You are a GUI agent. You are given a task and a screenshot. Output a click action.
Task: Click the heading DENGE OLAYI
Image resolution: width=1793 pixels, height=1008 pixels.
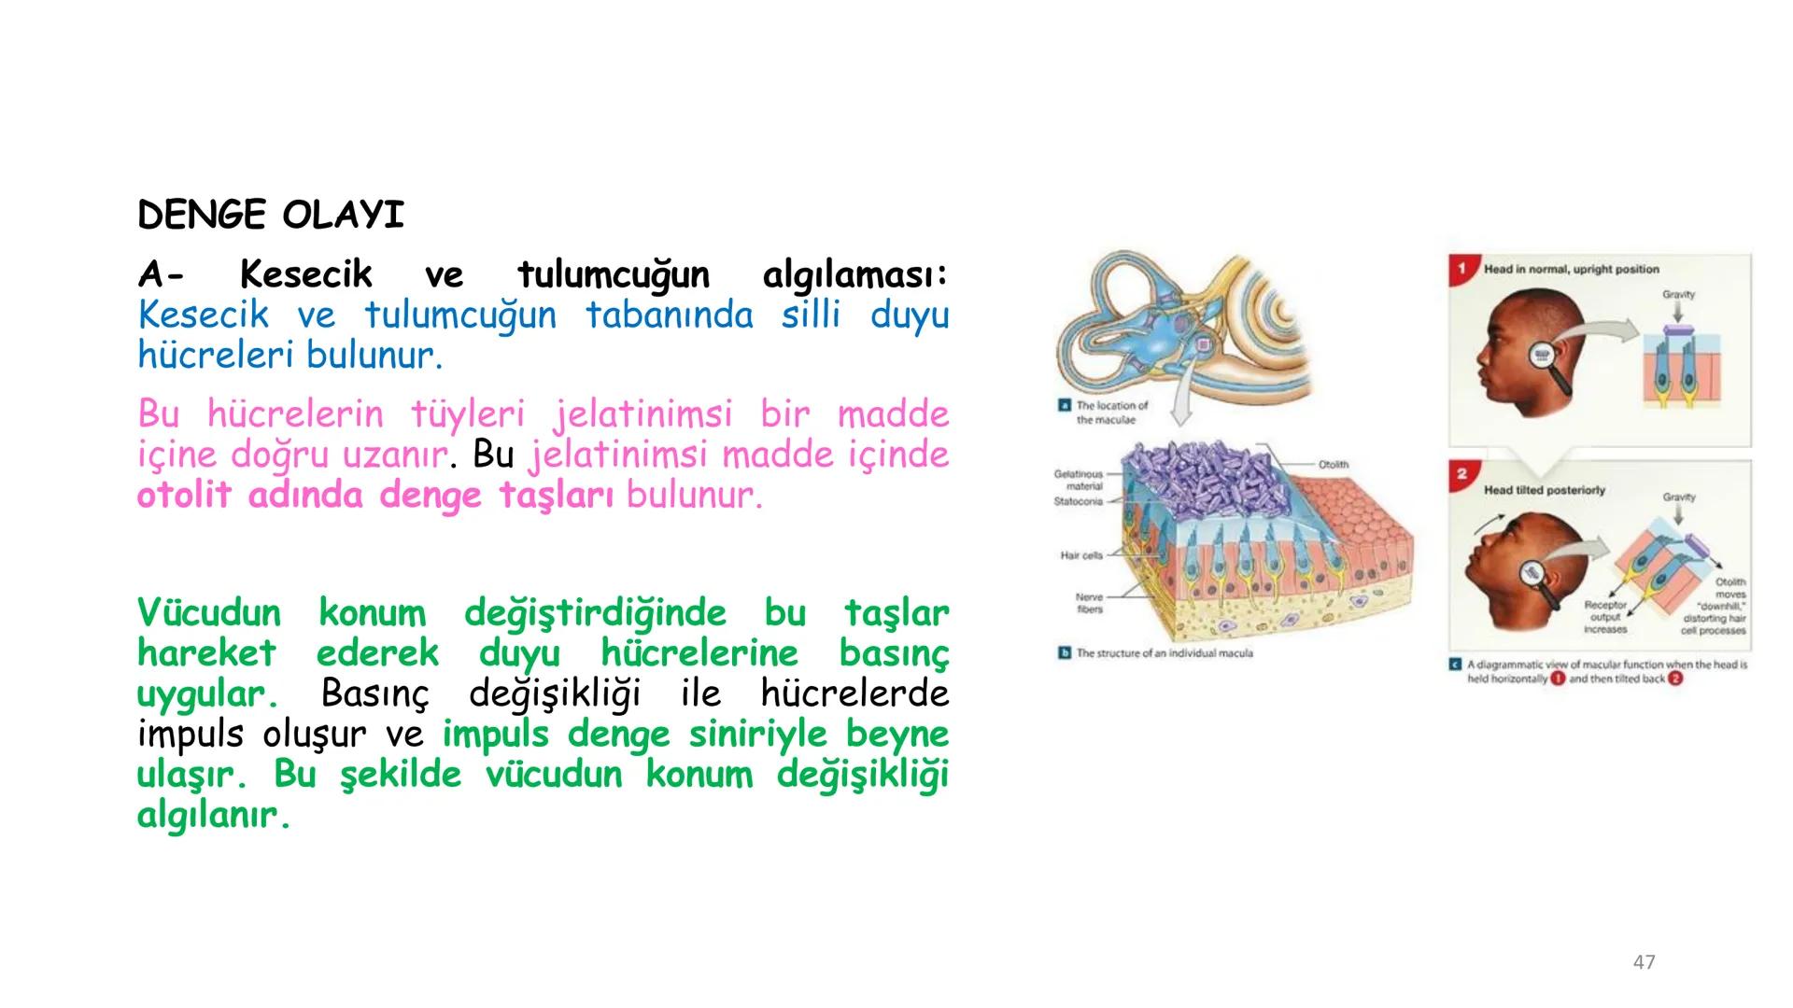click(x=271, y=216)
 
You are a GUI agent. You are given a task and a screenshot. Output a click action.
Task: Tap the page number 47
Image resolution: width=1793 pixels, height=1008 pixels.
click(x=1644, y=962)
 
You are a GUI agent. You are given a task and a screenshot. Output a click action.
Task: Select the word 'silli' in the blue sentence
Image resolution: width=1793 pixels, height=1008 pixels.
click(x=811, y=315)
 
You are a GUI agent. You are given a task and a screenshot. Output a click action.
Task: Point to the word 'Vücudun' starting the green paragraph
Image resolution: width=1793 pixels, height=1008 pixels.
click(x=208, y=613)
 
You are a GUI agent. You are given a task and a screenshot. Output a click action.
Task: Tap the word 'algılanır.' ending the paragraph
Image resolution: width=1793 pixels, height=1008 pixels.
click(x=213, y=815)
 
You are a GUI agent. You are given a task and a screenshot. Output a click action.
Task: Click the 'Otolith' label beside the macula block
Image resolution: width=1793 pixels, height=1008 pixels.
click(x=1333, y=464)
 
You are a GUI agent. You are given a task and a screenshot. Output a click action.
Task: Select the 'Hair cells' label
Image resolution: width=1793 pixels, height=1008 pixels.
click(x=1081, y=555)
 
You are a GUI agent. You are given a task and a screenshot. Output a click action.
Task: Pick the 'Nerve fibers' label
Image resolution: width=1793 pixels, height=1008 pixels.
click(x=1089, y=603)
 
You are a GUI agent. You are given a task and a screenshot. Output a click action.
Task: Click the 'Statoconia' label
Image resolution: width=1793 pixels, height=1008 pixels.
click(x=1078, y=501)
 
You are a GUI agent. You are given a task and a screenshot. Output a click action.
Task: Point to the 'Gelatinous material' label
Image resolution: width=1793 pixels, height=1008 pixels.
click(x=1080, y=480)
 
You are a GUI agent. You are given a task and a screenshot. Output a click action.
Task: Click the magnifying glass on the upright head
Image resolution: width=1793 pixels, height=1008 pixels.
click(x=1544, y=357)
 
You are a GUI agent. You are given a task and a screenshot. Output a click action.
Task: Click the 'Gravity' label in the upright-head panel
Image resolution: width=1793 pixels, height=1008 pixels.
click(x=1678, y=294)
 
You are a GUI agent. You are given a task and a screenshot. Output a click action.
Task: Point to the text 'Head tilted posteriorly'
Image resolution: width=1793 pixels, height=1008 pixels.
click(x=1544, y=490)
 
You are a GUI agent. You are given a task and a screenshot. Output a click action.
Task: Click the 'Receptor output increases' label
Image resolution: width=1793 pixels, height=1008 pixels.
click(x=1605, y=617)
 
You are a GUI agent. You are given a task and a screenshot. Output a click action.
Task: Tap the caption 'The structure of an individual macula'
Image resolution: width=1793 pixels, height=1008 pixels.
click(x=1164, y=653)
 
